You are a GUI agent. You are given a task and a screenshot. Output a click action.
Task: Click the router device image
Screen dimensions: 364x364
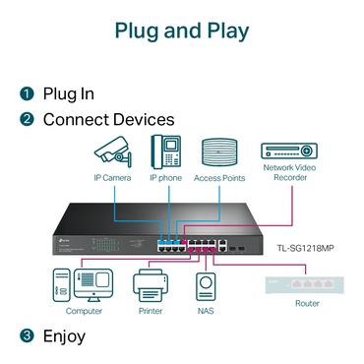306,284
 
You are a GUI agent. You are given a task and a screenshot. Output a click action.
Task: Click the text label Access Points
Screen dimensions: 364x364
219,178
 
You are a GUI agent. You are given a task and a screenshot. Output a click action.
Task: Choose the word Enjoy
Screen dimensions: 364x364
64,336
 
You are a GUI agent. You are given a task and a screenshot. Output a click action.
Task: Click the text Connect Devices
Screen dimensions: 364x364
108,120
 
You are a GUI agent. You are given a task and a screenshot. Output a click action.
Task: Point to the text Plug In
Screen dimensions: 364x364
68,94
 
